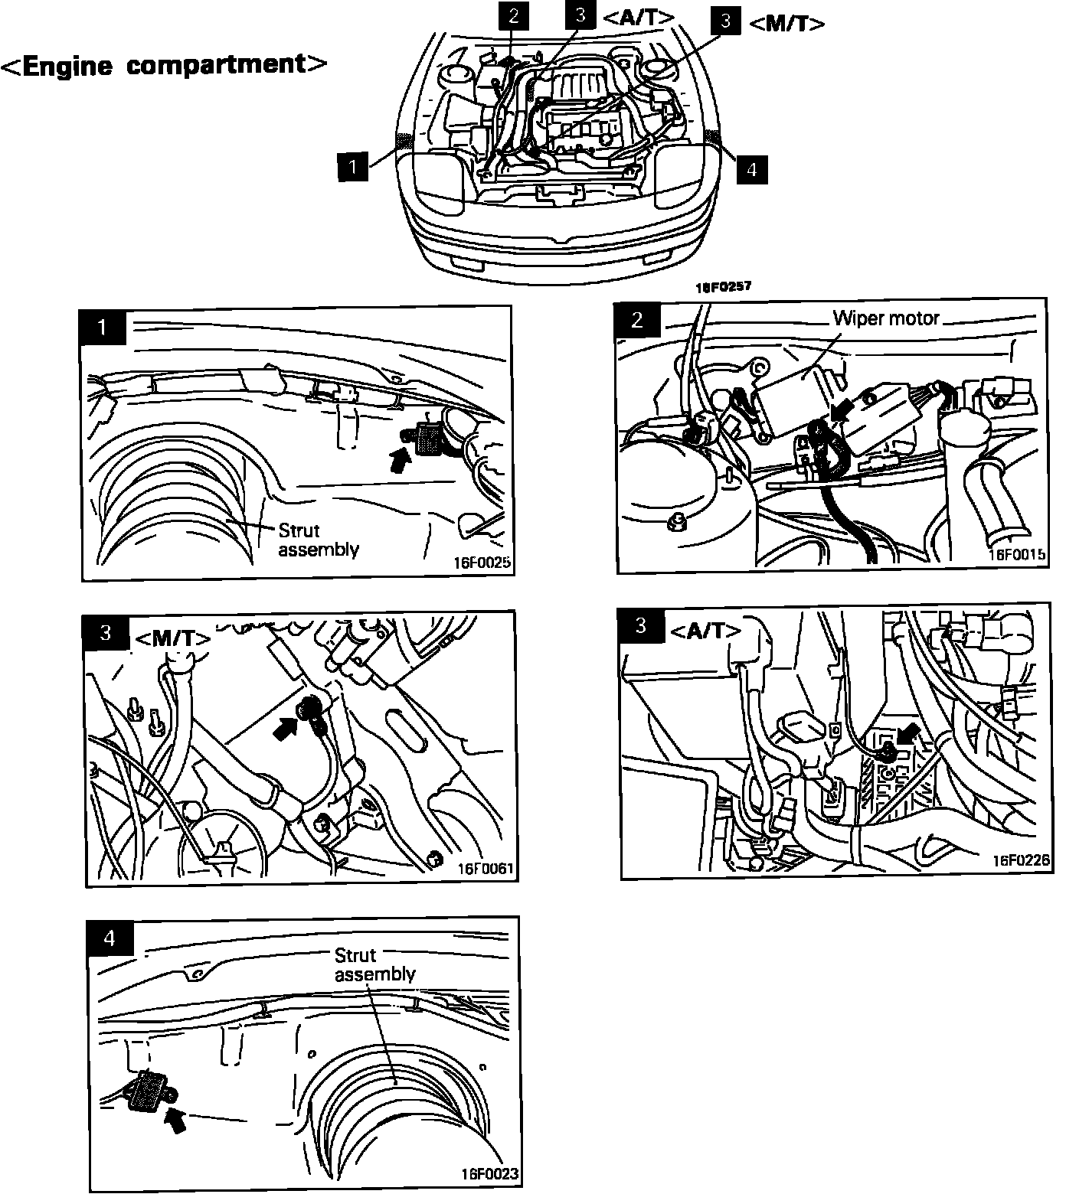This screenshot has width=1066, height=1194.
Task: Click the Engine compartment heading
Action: tap(164, 66)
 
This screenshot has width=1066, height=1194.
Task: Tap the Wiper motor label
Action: tap(886, 318)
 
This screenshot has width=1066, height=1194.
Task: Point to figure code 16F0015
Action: tap(1018, 554)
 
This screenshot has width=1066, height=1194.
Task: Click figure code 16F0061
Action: tap(486, 869)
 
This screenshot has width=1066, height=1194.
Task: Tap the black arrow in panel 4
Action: tap(175, 1120)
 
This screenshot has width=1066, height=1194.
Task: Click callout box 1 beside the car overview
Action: tap(352, 166)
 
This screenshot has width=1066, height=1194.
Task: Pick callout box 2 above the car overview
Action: tap(513, 16)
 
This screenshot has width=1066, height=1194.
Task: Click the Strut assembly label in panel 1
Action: tap(318, 540)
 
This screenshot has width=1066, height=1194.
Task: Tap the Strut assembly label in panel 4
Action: tap(374, 964)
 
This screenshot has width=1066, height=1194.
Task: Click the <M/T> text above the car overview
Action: tap(786, 24)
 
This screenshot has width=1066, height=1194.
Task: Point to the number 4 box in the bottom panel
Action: tap(110, 938)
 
